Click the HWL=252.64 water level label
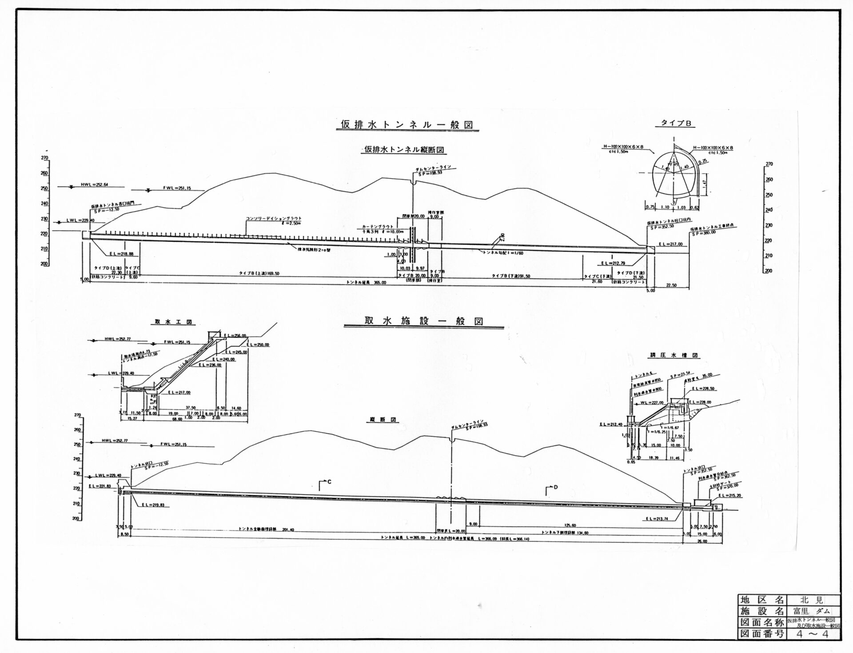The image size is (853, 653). [x=95, y=184]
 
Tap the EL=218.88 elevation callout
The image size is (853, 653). [x=121, y=254]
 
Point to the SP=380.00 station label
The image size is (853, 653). [x=704, y=232]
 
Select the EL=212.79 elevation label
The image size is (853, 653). [x=613, y=263]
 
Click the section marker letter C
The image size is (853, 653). [x=329, y=481]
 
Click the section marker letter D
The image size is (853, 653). [x=555, y=487]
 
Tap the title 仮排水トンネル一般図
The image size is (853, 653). [x=407, y=125]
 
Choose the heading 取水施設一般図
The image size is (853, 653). [x=423, y=321]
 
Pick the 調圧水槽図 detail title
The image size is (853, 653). [x=674, y=356]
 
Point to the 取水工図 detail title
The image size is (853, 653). [x=173, y=322]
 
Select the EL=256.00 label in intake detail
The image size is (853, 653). [x=235, y=336]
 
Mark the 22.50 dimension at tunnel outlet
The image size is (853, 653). [x=671, y=285]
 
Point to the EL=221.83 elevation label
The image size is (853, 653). [x=100, y=487]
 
